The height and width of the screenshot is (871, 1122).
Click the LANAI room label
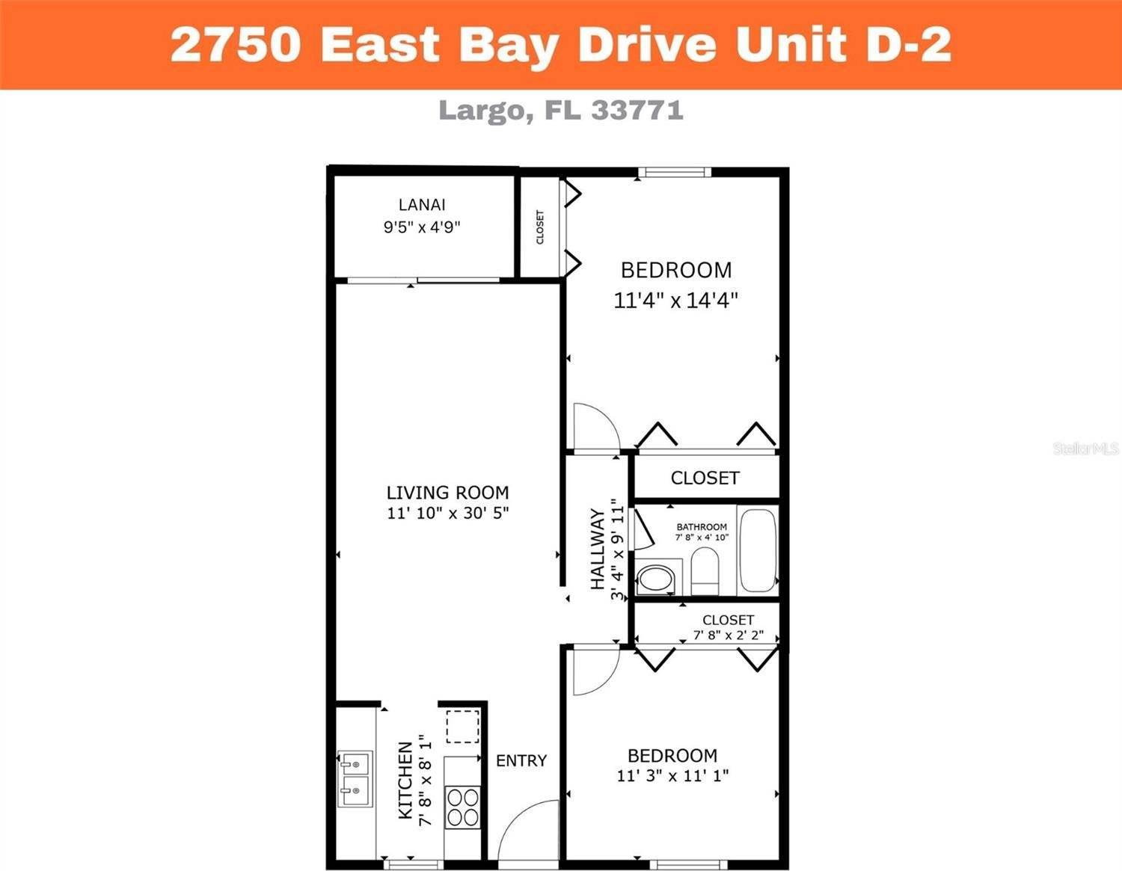(x=422, y=204)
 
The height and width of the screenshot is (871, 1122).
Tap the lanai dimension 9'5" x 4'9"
(x=422, y=227)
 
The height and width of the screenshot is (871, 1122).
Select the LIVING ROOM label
(x=447, y=493)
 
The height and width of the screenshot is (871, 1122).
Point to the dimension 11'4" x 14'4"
(x=675, y=301)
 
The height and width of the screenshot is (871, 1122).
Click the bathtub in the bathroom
(x=757, y=551)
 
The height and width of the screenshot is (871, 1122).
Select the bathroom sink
(x=656, y=578)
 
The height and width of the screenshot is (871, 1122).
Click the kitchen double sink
(x=354, y=778)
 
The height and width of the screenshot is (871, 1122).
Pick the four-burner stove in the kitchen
(x=462, y=807)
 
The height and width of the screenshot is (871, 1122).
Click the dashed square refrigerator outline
(x=462, y=726)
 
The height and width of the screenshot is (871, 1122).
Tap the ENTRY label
(x=521, y=760)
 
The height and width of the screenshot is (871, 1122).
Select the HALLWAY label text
(x=598, y=549)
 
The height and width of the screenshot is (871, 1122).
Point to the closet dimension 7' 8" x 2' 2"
(x=728, y=635)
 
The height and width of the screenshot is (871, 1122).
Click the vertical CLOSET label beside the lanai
(x=540, y=227)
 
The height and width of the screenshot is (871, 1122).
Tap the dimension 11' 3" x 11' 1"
(x=672, y=776)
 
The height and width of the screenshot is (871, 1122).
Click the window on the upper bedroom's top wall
(x=674, y=173)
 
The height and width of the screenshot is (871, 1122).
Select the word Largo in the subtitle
(x=482, y=111)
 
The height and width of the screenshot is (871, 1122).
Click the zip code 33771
(x=637, y=111)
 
